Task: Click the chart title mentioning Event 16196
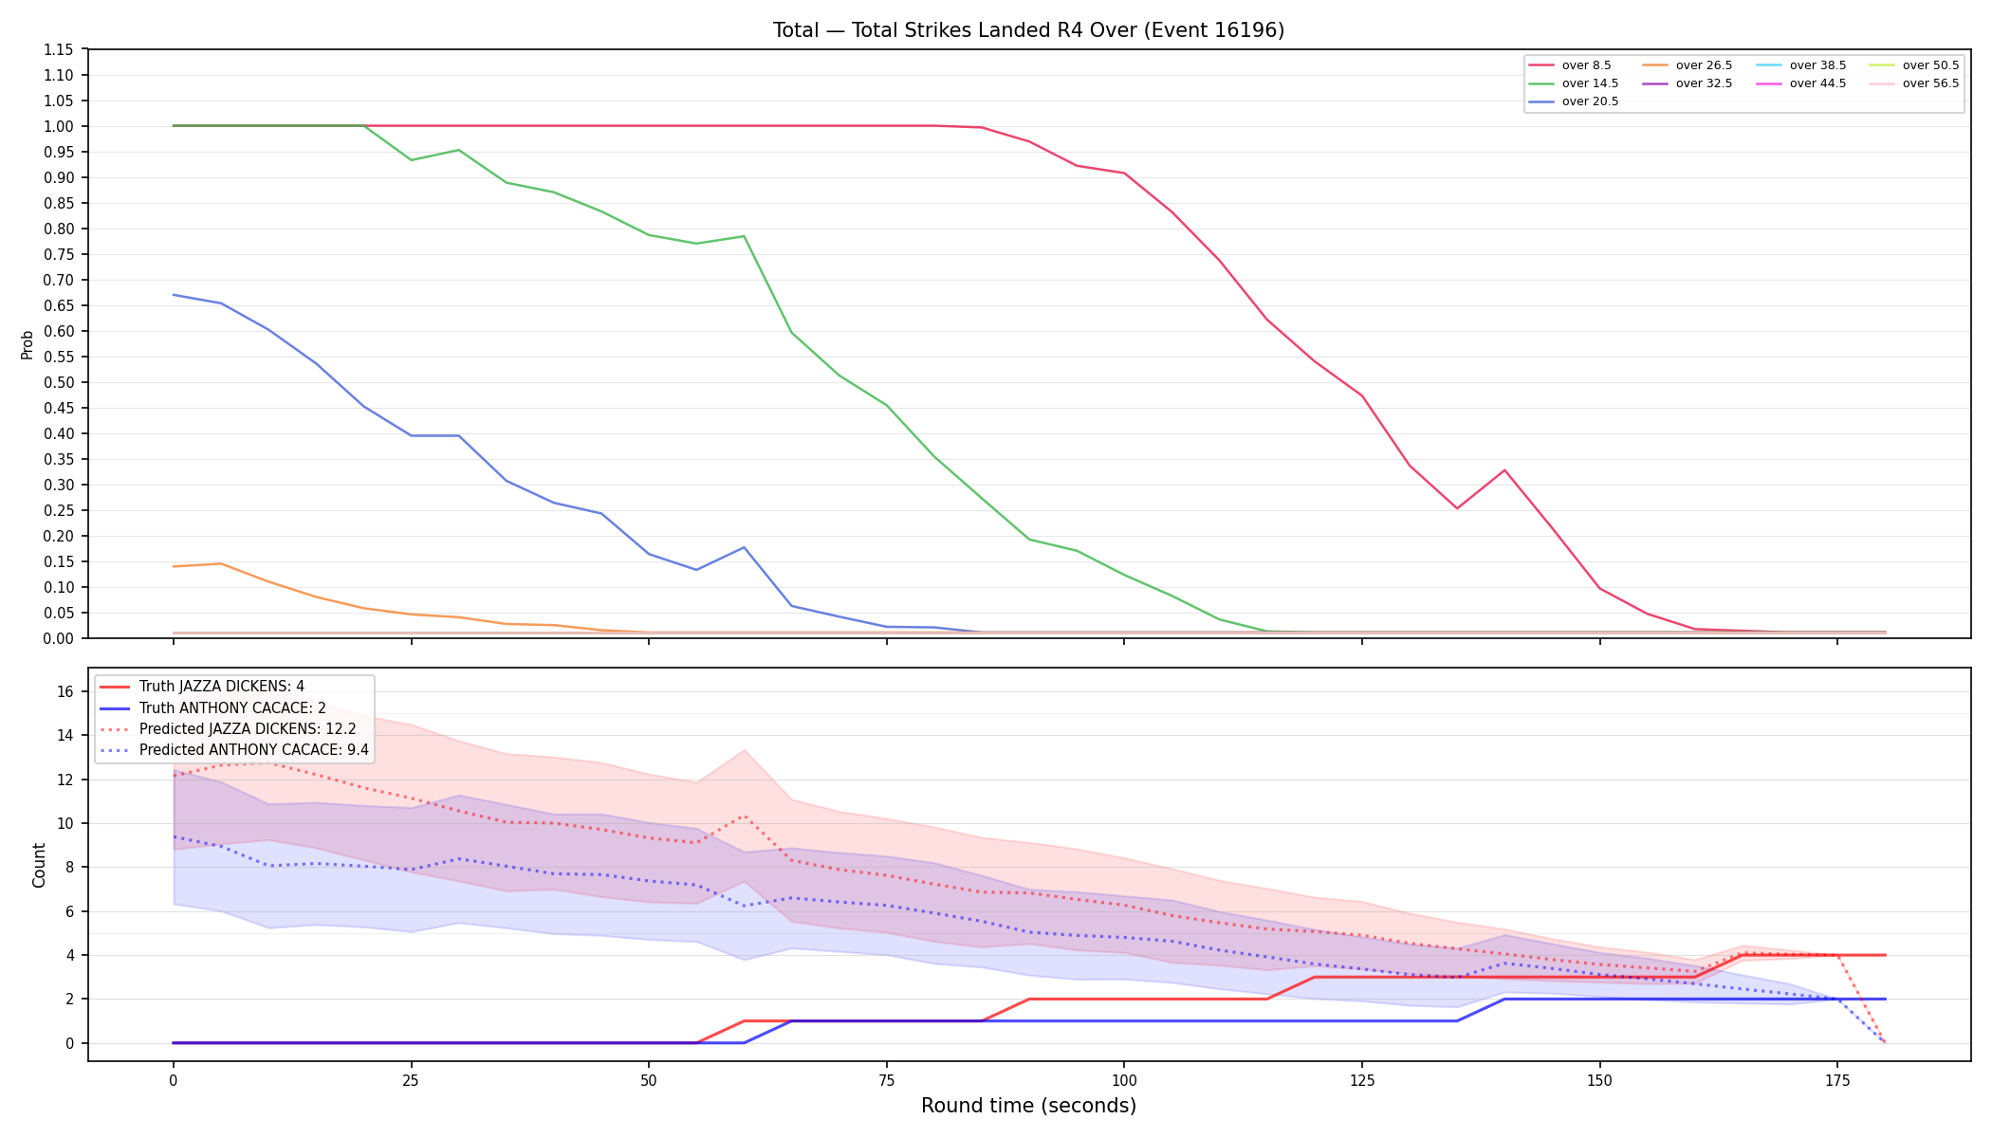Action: click(1028, 30)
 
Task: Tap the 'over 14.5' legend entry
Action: click(1574, 83)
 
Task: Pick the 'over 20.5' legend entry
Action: click(1574, 101)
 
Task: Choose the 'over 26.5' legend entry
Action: click(1688, 65)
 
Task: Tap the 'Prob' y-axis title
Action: click(28, 344)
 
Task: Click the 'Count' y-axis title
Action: click(39, 865)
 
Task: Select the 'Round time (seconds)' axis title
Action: click(1028, 1106)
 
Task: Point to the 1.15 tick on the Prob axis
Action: click(59, 49)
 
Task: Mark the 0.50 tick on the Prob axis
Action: click(59, 382)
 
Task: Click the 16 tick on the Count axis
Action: click(65, 691)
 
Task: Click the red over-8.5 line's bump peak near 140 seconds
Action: click(1504, 470)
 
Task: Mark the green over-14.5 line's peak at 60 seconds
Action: click(744, 236)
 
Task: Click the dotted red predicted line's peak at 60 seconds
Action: click(744, 816)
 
